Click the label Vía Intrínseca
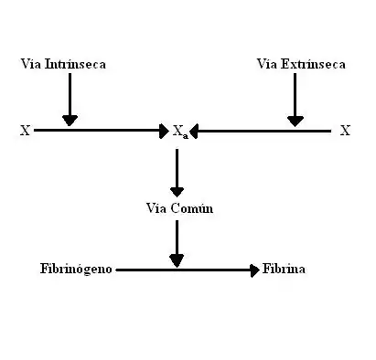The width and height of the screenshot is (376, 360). (x=63, y=64)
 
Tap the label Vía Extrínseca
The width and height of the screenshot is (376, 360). (x=301, y=64)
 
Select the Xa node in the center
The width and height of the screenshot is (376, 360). (x=181, y=132)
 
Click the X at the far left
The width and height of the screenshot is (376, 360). (x=26, y=131)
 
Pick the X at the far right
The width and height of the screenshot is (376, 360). (x=345, y=131)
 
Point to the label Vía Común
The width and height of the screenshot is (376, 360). (x=179, y=208)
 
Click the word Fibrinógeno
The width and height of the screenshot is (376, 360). (x=76, y=270)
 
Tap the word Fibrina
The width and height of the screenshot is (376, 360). (x=284, y=269)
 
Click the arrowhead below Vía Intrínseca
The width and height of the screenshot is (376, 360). (x=70, y=121)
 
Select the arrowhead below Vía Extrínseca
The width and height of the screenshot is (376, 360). (x=295, y=122)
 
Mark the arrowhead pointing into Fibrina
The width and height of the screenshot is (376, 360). (x=255, y=270)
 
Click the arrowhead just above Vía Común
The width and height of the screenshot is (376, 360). (x=177, y=192)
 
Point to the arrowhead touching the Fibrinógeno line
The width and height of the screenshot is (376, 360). (x=177, y=261)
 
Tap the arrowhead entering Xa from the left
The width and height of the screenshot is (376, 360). (x=165, y=131)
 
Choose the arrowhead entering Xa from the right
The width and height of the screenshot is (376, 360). (x=194, y=132)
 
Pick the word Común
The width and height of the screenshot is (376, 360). (x=192, y=208)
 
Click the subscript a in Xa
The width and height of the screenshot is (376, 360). (x=186, y=136)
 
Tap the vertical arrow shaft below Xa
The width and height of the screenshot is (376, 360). (x=177, y=168)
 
